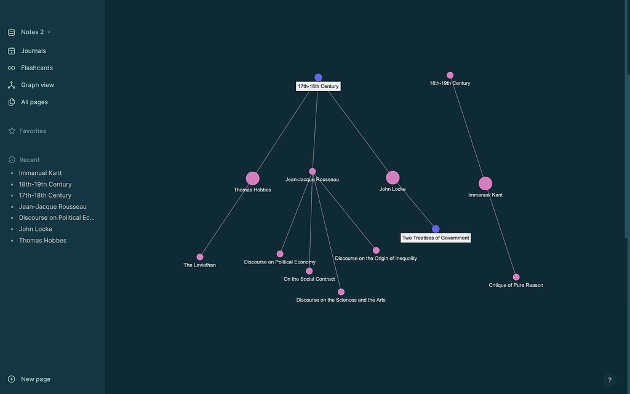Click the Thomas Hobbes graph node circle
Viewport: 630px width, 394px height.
[252, 179]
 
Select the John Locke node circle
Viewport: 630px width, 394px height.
[393, 178]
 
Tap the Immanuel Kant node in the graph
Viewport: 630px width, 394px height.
[485, 183]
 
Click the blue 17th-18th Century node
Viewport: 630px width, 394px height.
[318, 77]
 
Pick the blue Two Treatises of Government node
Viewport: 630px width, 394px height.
[436, 229]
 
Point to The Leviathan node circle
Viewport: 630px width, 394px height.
[200, 257]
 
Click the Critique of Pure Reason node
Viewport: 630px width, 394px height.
[516, 277]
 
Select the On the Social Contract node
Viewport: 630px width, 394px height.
[309, 271]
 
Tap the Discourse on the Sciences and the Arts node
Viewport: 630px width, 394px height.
[341, 292]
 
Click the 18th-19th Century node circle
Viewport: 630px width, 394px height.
[450, 75]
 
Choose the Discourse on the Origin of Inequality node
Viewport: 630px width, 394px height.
[376, 251]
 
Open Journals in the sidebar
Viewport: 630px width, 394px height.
[33, 51]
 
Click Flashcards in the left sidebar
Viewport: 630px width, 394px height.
[36, 68]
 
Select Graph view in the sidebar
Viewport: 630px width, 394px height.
[38, 85]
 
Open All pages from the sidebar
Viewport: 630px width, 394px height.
[34, 102]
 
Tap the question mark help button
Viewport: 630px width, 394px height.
[610, 380]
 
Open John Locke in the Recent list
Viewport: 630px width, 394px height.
[35, 229]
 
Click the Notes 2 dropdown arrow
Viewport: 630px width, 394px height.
[49, 32]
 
